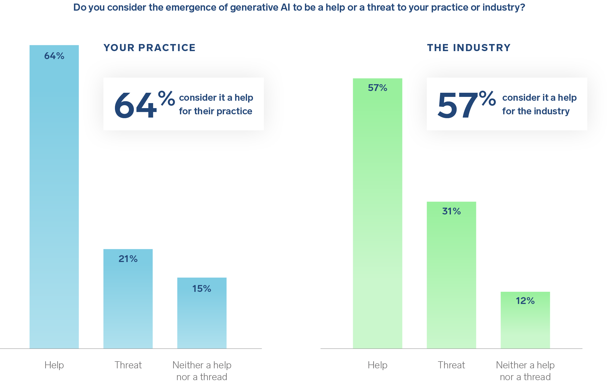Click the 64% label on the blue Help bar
[x=54, y=56]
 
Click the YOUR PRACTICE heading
[x=149, y=48]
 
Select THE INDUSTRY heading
[x=469, y=48]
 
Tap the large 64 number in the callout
[x=135, y=105]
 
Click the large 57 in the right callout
[x=457, y=105]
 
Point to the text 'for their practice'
[x=215, y=111]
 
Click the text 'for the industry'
[x=536, y=111]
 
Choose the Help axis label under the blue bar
[x=54, y=365]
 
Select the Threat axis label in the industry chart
[x=451, y=365]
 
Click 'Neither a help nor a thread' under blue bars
[x=202, y=371]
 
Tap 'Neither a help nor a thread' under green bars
[x=525, y=371]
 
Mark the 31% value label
[x=451, y=211]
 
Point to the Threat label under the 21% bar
[x=128, y=365]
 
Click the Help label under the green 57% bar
[x=377, y=365]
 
